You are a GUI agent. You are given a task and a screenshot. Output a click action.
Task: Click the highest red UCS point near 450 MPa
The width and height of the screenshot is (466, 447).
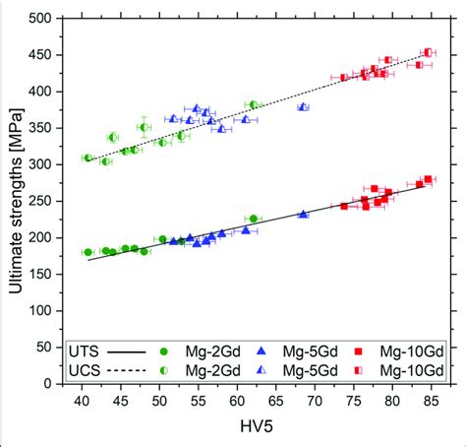click(428, 52)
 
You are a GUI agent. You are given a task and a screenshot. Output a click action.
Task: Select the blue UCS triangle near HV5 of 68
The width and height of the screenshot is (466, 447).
click(303, 106)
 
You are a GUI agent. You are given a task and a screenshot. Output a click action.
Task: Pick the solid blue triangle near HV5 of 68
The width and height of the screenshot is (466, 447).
click(303, 214)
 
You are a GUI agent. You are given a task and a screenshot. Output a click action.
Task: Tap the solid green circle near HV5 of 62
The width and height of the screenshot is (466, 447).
click(253, 219)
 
